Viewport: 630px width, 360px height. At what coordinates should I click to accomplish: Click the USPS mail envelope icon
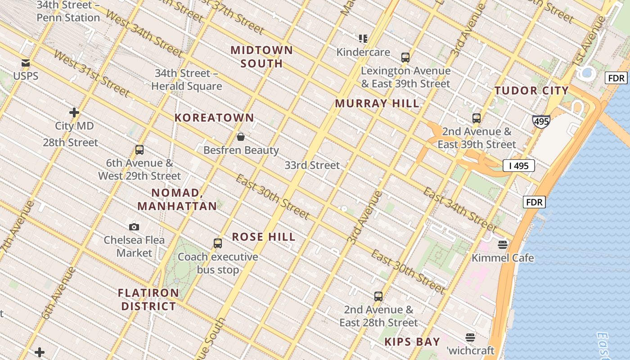coord(26,63)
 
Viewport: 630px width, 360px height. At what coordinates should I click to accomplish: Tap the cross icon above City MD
coord(74,112)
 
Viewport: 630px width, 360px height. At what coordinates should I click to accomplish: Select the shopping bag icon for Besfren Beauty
coord(241,137)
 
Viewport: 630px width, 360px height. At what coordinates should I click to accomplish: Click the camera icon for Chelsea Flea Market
coord(134,227)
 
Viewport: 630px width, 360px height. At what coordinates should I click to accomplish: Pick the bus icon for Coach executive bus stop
coord(218,243)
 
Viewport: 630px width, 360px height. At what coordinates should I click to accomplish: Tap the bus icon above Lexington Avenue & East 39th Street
coord(405,58)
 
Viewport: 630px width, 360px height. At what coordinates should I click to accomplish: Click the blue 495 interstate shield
coord(541,121)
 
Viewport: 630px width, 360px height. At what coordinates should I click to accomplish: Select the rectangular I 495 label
coord(519,166)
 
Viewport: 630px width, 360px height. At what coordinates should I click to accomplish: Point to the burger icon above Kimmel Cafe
coord(503,245)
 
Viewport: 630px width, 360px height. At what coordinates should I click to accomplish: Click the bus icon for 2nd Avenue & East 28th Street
coord(378,297)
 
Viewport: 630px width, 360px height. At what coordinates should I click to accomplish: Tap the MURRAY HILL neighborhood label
coord(377,103)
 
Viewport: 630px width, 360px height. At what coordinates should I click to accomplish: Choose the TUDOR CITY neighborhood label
coord(531,90)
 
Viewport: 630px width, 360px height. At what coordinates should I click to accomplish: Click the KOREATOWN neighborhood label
coord(214,118)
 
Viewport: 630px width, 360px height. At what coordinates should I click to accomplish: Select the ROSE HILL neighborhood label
coord(264,237)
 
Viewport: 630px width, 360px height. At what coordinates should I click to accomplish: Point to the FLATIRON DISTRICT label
coord(148,300)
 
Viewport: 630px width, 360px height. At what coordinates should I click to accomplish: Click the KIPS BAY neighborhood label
coord(412,342)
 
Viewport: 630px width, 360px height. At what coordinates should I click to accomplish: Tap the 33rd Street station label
coord(312,165)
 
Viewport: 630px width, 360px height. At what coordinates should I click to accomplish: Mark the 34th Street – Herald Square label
coord(187,80)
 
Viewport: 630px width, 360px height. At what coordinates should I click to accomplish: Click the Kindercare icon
coord(363,39)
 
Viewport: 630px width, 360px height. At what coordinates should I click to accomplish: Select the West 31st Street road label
coord(91,73)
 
